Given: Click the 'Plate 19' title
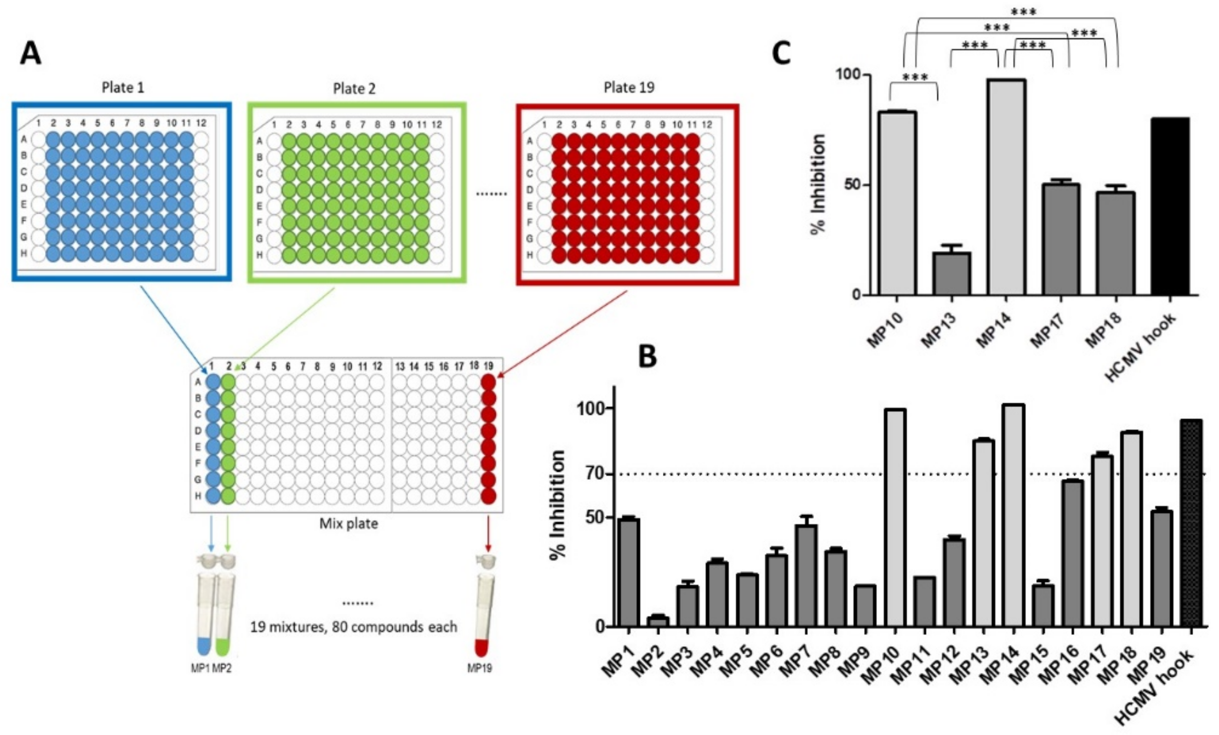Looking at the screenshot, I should click(629, 88).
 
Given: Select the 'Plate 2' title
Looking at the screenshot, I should click(354, 89).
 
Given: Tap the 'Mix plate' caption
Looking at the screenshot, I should click(348, 523).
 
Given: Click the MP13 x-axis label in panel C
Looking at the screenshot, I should click(938, 331).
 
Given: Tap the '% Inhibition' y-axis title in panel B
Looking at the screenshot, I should click(557, 505).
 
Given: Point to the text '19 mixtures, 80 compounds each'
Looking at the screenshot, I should click(353, 627).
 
